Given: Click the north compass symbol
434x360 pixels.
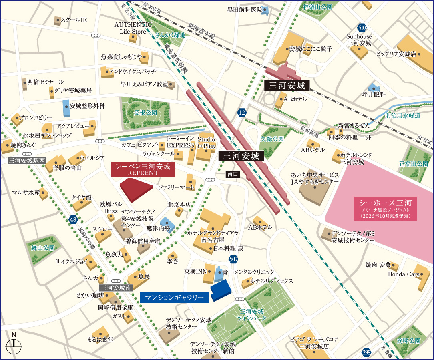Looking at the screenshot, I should [x=14, y=344].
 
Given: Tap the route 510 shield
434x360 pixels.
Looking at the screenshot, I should [x=362, y=28].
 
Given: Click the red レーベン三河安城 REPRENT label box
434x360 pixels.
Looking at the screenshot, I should [x=143, y=169].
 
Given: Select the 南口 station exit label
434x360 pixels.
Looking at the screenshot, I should [x=233, y=174].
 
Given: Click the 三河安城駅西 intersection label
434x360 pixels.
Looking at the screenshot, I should [x=27, y=161].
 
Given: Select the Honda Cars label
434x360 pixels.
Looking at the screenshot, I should [x=403, y=274].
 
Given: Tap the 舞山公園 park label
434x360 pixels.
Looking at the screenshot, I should [x=43, y=248].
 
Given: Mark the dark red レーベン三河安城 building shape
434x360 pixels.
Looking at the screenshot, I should [x=137, y=190].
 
